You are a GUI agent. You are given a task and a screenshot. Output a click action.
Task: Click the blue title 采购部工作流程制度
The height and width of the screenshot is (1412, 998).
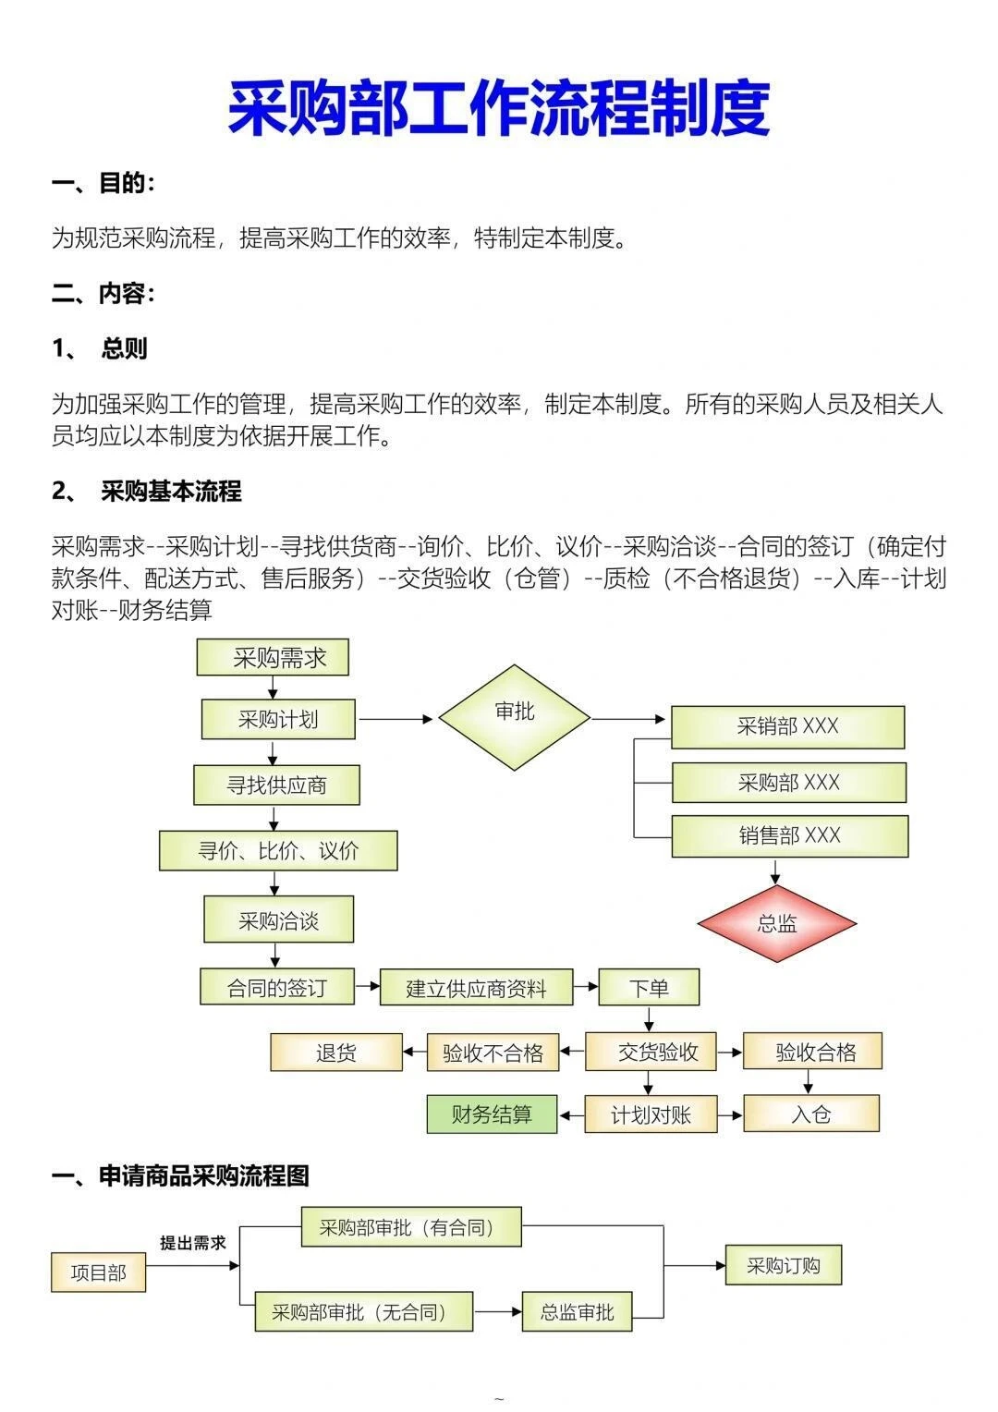(498, 109)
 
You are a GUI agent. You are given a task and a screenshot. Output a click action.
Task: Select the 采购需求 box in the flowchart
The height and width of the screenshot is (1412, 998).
(273, 658)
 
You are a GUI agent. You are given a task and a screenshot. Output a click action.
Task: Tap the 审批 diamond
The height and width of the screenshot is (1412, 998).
(514, 716)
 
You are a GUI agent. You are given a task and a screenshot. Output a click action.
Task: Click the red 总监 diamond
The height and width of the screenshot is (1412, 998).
(776, 923)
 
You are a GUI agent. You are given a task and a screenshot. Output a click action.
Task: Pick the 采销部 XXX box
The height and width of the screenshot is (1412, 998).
(787, 727)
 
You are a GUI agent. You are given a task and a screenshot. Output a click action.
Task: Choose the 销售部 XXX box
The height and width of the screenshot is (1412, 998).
(789, 836)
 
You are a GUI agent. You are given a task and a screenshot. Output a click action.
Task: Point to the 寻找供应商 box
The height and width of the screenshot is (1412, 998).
(276, 785)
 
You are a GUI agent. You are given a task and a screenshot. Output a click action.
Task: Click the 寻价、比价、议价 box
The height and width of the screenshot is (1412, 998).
(278, 851)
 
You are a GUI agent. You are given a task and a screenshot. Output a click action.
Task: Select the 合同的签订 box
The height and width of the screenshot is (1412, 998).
(276, 987)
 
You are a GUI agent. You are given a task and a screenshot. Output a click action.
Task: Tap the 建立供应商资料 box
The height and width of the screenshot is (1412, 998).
(476, 988)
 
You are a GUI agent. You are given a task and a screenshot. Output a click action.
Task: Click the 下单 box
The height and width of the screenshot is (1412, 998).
(649, 988)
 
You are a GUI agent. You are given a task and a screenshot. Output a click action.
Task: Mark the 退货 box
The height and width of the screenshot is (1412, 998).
(336, 1053)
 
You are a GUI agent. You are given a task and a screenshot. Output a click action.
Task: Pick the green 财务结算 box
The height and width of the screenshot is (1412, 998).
(492, 1114)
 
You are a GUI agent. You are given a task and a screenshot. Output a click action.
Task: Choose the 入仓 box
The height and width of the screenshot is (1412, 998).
(811, 1114)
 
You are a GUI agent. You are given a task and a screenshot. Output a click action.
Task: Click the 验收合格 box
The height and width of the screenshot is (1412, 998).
(813, 1052)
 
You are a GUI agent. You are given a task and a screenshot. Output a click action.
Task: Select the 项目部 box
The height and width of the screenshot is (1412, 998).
(98, 1272)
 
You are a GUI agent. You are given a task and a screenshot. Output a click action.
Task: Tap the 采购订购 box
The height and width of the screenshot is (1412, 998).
(784, 1265)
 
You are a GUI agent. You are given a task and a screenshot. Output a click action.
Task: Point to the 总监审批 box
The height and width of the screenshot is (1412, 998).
(577, 1311)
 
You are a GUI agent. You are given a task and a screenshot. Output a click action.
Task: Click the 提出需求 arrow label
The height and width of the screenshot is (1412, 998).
(192, 1243)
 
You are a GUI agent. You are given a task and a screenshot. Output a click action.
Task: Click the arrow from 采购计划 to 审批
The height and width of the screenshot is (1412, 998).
(396, 719)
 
